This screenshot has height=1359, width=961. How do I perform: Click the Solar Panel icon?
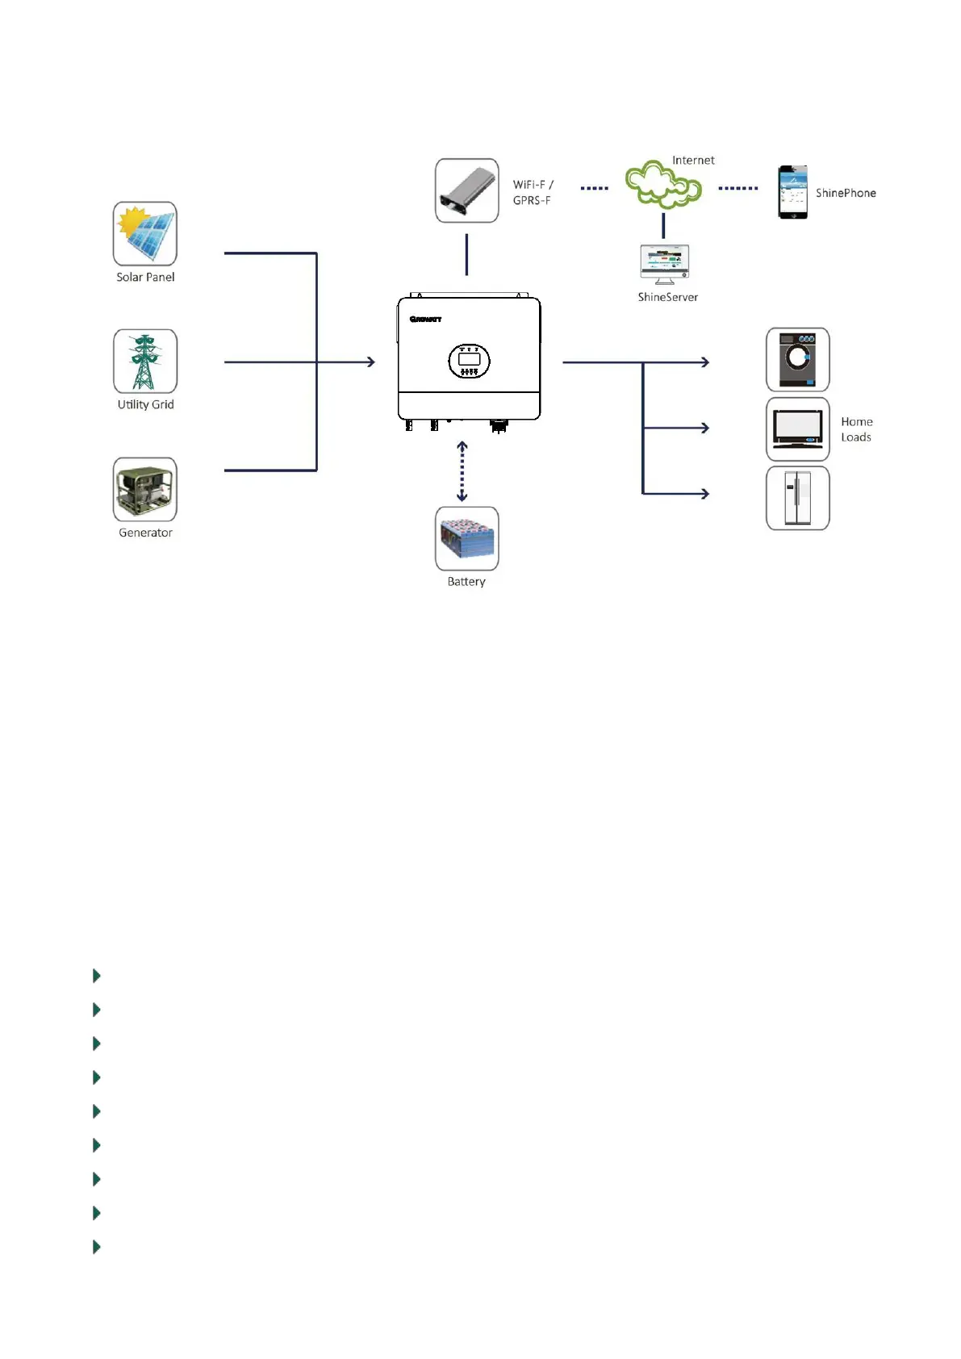[x=145, y=234]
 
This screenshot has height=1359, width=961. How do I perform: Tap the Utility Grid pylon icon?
[x=145, y=362]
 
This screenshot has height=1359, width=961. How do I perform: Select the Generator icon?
[x=145, y=490]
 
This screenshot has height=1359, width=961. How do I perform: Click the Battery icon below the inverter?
[x=466, y=538]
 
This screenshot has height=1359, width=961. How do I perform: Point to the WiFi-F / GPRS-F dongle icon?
[x=466, y=190]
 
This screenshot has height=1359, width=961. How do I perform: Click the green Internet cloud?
[x=663, y=185]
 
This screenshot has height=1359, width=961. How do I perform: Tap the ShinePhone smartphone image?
[x=792, y=192]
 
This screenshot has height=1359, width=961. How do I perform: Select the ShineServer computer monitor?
[x=665, y=263]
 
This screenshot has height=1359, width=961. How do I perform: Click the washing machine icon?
[x=797, y=360]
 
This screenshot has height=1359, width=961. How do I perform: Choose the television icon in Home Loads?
[x=797, y=429]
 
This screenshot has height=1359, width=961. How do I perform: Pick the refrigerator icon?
[x=797, y=498]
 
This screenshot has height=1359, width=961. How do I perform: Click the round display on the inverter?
[x=469, y=361]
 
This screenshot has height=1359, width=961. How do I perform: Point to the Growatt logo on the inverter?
[x=425, y=320]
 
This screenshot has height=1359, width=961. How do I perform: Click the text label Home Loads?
[x=856, y=429]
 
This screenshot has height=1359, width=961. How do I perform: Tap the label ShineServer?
[x=667, y=297]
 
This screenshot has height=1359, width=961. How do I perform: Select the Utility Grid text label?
[x=145, y=404]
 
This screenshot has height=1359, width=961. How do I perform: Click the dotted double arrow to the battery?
[x=462, y=471]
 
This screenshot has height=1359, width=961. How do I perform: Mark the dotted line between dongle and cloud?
[x=595, y=188]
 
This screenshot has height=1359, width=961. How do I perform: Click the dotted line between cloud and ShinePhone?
[x=738, y=188]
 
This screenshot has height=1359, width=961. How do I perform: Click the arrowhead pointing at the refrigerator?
[x=704, y=493]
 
